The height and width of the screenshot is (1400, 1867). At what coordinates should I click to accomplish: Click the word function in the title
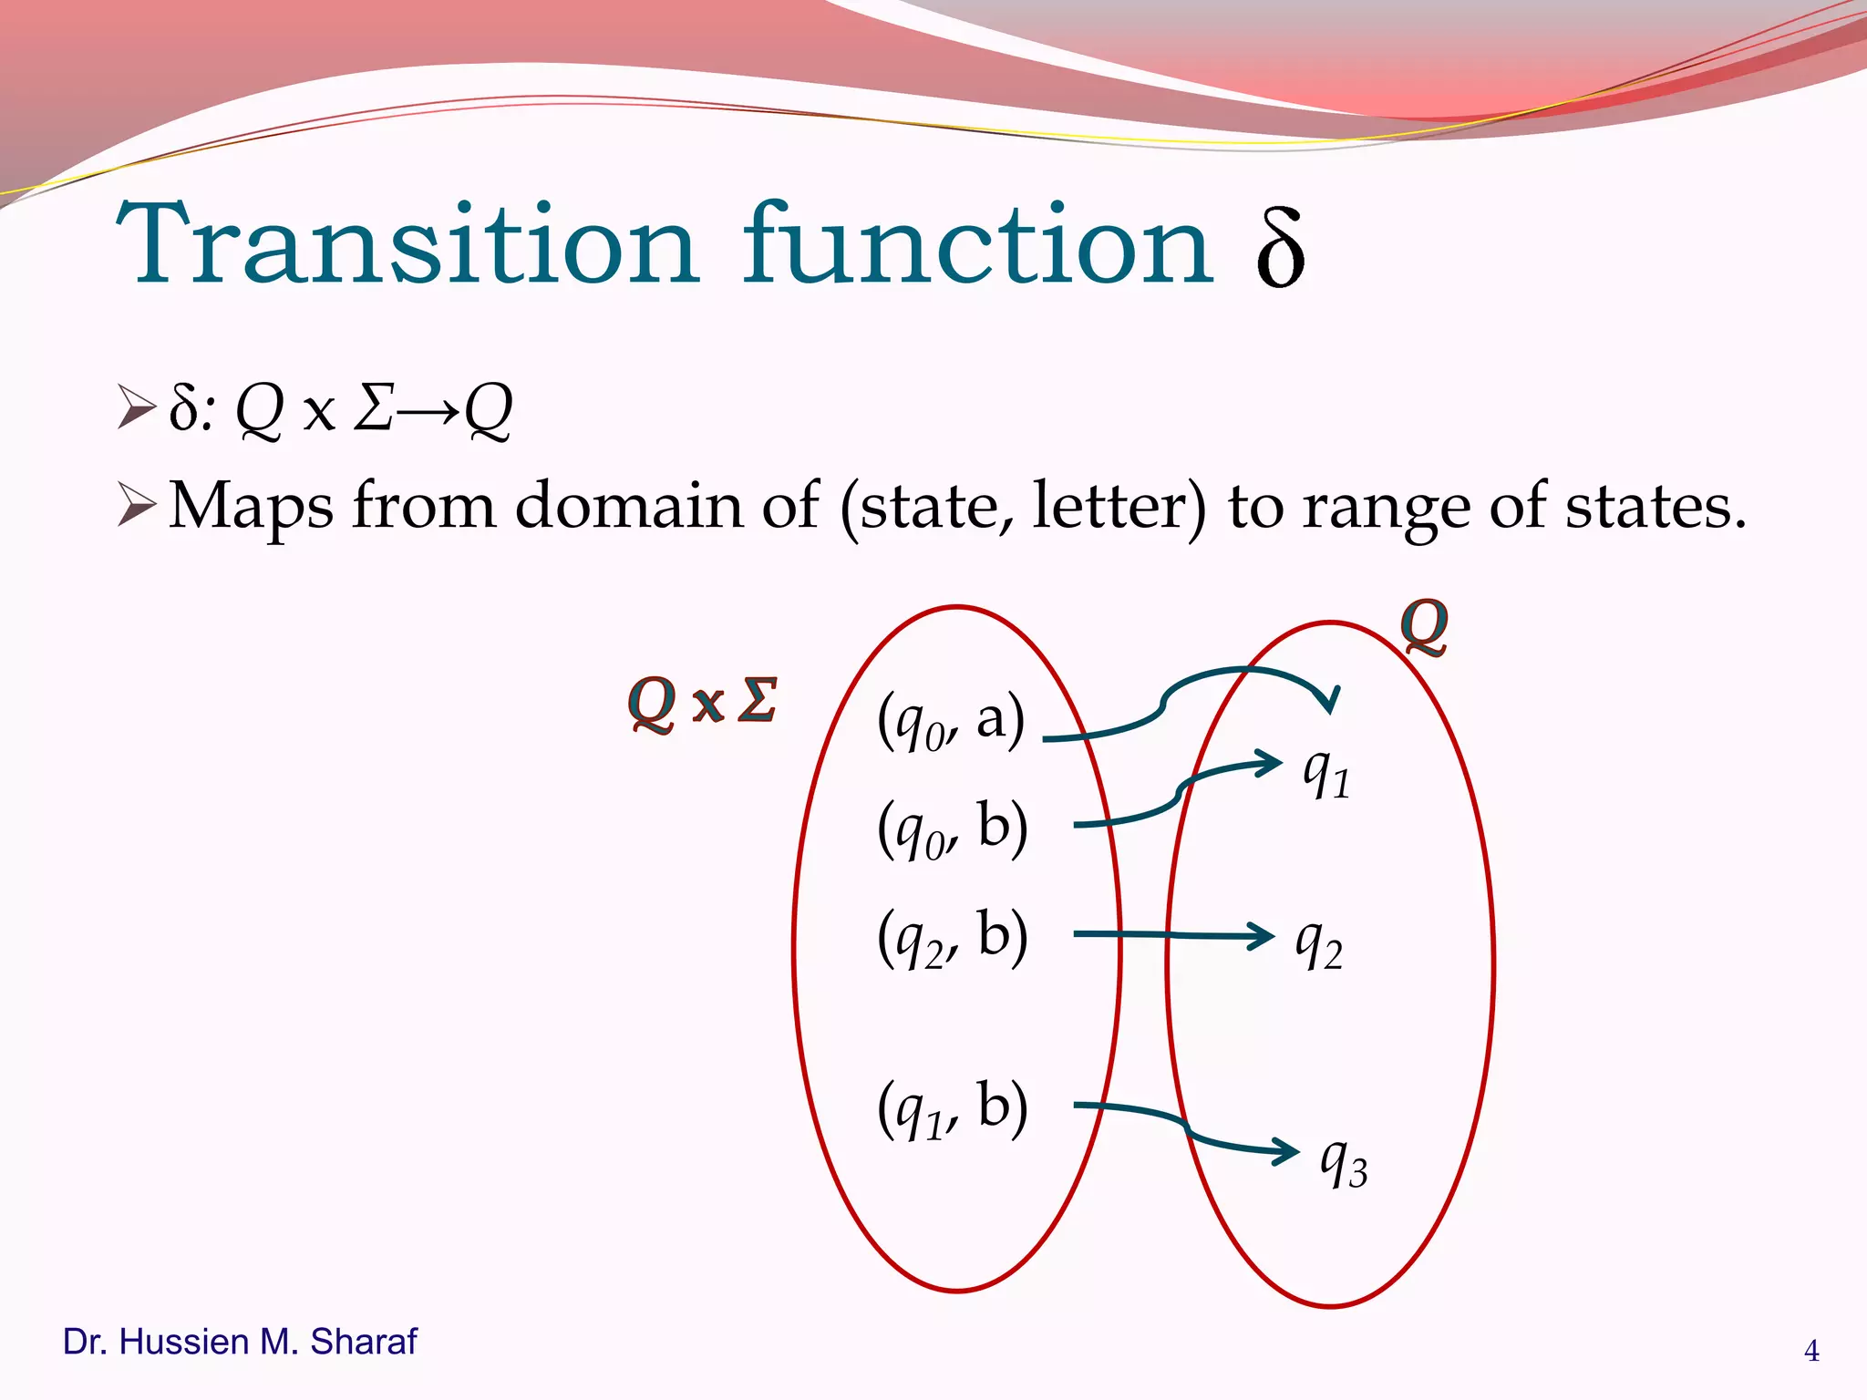[977, 244]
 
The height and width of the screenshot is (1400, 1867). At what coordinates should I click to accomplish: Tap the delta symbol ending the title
[1280, 248]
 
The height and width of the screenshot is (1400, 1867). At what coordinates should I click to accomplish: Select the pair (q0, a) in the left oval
[951, 722]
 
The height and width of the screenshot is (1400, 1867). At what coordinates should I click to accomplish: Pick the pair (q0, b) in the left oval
[953, 829]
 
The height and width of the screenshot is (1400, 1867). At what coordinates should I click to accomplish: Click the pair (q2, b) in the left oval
[953, 938]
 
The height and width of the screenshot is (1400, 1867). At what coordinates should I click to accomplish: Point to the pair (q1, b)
[953, 1108]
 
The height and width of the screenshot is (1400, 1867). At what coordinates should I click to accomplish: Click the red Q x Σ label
[703, 703]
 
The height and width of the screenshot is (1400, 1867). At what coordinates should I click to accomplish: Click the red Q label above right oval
[1424, 626]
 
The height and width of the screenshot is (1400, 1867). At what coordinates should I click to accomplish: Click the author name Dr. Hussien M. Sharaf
[240, 1343]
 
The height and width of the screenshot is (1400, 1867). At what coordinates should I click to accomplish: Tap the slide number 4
[1811, 1351]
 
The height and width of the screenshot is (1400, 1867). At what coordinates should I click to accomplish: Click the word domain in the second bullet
[630, 506]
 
